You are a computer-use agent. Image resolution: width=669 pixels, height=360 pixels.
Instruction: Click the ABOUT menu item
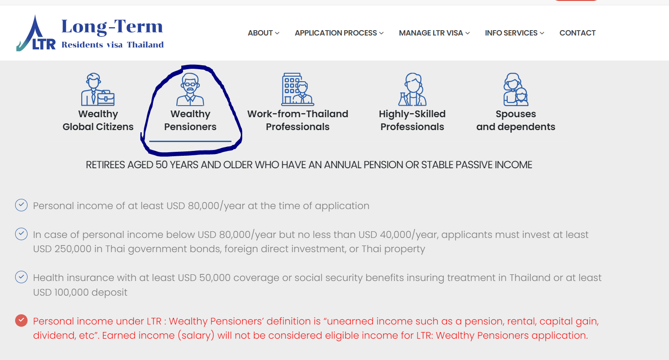[x=263, y=33]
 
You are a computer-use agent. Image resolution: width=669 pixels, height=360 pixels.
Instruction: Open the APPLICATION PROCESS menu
[x=339, y=33]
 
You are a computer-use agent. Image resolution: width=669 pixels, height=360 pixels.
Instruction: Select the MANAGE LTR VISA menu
[x=434, y=33]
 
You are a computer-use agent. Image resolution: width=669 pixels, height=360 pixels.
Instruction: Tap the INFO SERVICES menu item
[x=514, y=33]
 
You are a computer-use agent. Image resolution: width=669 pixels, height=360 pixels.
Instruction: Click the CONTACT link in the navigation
[x=577, y=33]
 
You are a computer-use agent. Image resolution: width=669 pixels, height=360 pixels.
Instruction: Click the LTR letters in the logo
[x=44, y=44]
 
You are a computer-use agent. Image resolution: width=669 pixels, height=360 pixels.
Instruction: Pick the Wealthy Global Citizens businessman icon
[x=98, y=89]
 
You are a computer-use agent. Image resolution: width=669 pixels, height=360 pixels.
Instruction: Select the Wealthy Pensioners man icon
[x=190, y=89]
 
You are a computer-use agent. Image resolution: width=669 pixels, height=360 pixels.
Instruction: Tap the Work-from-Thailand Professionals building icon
[x=298, y=89]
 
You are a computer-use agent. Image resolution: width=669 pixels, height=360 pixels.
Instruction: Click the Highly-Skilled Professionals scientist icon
[x=412, y=89]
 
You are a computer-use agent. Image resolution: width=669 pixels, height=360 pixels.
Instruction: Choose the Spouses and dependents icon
[x=516, y=89]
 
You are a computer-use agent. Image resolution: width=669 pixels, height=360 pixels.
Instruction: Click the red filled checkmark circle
[x=21, y=320]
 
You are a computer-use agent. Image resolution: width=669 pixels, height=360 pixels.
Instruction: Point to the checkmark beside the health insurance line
[x=21, y=277]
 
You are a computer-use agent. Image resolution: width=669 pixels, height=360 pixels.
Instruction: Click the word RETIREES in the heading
[x=105, y=165]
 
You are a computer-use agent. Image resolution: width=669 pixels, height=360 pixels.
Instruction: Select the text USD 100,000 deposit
[x=80, y=292]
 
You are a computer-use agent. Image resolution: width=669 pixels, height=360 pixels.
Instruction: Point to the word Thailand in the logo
[x=145, y=45]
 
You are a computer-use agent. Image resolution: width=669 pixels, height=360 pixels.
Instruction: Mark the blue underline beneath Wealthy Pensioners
[x=190, y=141]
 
